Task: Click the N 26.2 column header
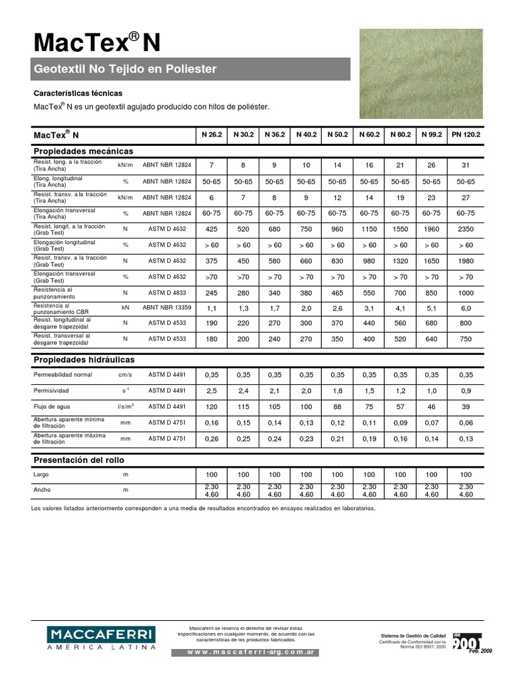tap(211, 134)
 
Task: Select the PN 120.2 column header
tap(465, 134)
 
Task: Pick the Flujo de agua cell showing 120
tap(211, 406)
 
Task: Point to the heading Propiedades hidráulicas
tap(84, 360)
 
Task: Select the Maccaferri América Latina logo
tap(101, 638)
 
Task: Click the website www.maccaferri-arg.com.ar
tap(246, 652)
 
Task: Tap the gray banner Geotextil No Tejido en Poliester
tap(191, 69)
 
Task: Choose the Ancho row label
tap(42, 490)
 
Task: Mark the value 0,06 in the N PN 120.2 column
tap(465, 423)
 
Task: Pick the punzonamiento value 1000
tap(465, 293)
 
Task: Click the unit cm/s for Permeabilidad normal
tap(126, 374)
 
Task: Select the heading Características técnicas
tap(78, 93)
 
